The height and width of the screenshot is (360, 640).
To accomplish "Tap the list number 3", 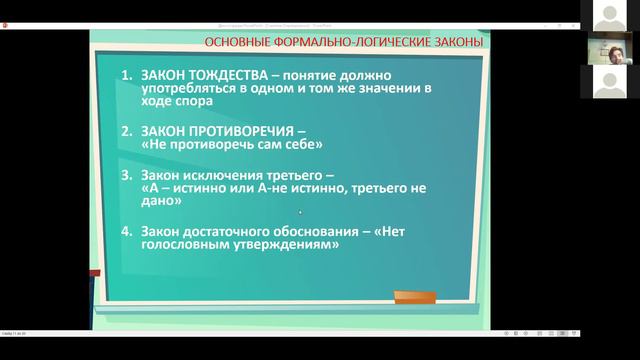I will [x=126, y=173].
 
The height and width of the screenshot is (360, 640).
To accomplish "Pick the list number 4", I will [x=126, y=230].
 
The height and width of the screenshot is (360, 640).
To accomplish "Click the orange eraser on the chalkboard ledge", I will [x=414, y=297].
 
